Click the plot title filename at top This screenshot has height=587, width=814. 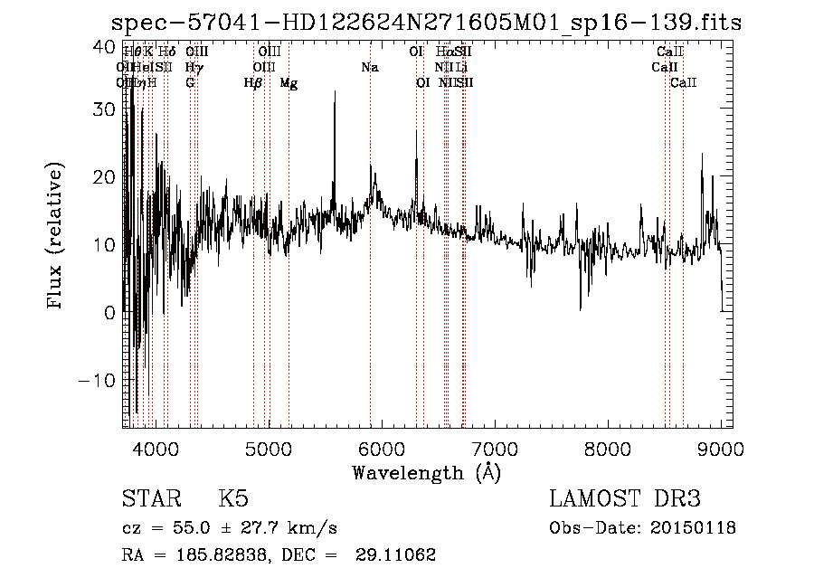point(425,23)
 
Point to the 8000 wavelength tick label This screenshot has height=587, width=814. point(608,448)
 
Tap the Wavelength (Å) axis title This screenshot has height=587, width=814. point(426,472)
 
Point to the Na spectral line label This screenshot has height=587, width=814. point(369,68)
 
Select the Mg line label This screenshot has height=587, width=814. point(289,83)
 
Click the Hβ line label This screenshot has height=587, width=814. point(253,83)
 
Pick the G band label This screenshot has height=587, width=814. point(190,83)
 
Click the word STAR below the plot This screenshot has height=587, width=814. point(149,499)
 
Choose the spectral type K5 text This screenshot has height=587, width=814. point(233,499)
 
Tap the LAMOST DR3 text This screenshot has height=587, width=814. point(624,499)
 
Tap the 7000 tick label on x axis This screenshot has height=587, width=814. point(495,448)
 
